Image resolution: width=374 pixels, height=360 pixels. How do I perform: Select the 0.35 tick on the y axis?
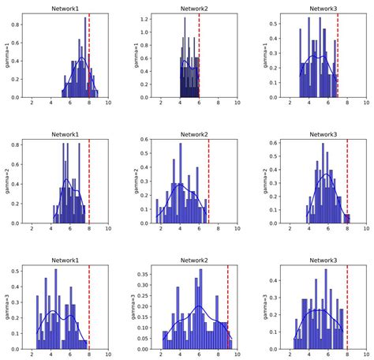(x=144, y=277)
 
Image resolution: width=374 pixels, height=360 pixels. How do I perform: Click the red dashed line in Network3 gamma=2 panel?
(x=347, y=181)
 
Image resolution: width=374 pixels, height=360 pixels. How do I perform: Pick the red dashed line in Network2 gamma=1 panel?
(x=199, y=55)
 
